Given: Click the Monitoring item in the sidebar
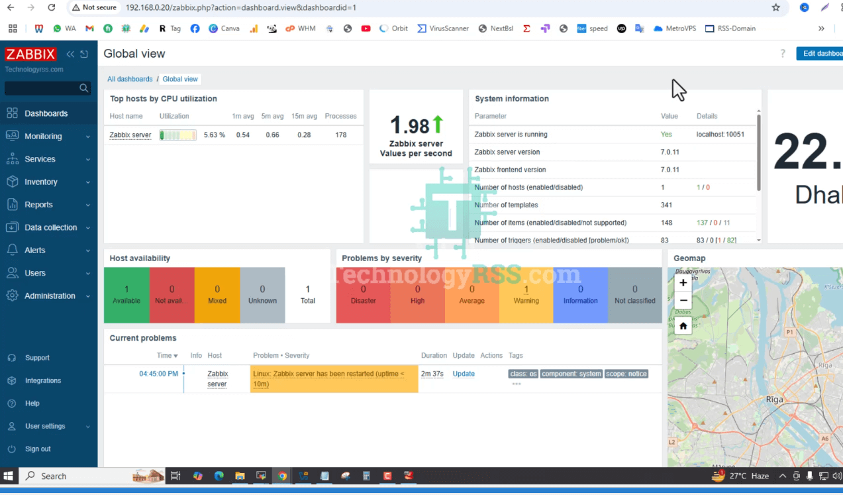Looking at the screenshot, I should click(x=43, y=137).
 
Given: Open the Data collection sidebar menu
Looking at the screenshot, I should click(x=50, y=227).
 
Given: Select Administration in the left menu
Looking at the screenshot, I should click(x=50, y=296).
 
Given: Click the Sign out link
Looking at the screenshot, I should click(x=38, y=449).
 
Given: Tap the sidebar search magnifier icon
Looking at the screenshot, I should click(x=84, y=88).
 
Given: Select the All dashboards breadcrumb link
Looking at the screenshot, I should click(x=130, y=79).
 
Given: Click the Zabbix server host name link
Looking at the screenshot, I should click(x=130, y=135).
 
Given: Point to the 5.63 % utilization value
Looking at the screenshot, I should click(x=214, y=135).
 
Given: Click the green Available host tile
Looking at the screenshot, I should click(x=126, y=295).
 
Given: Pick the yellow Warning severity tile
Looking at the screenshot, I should click(x=526, y=295).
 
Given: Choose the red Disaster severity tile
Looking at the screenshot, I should click(x=363, y=295).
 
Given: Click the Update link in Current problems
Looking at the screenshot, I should click(x=464, y=374).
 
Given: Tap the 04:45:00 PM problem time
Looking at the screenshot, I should click(x=158, y=374).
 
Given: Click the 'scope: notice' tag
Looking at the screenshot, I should click(x=626, y=374).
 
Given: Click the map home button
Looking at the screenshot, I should click(x=683, y=326).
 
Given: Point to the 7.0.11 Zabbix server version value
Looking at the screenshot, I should click(x=670, y=152).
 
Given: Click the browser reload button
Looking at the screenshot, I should click(x=52, y=8).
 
